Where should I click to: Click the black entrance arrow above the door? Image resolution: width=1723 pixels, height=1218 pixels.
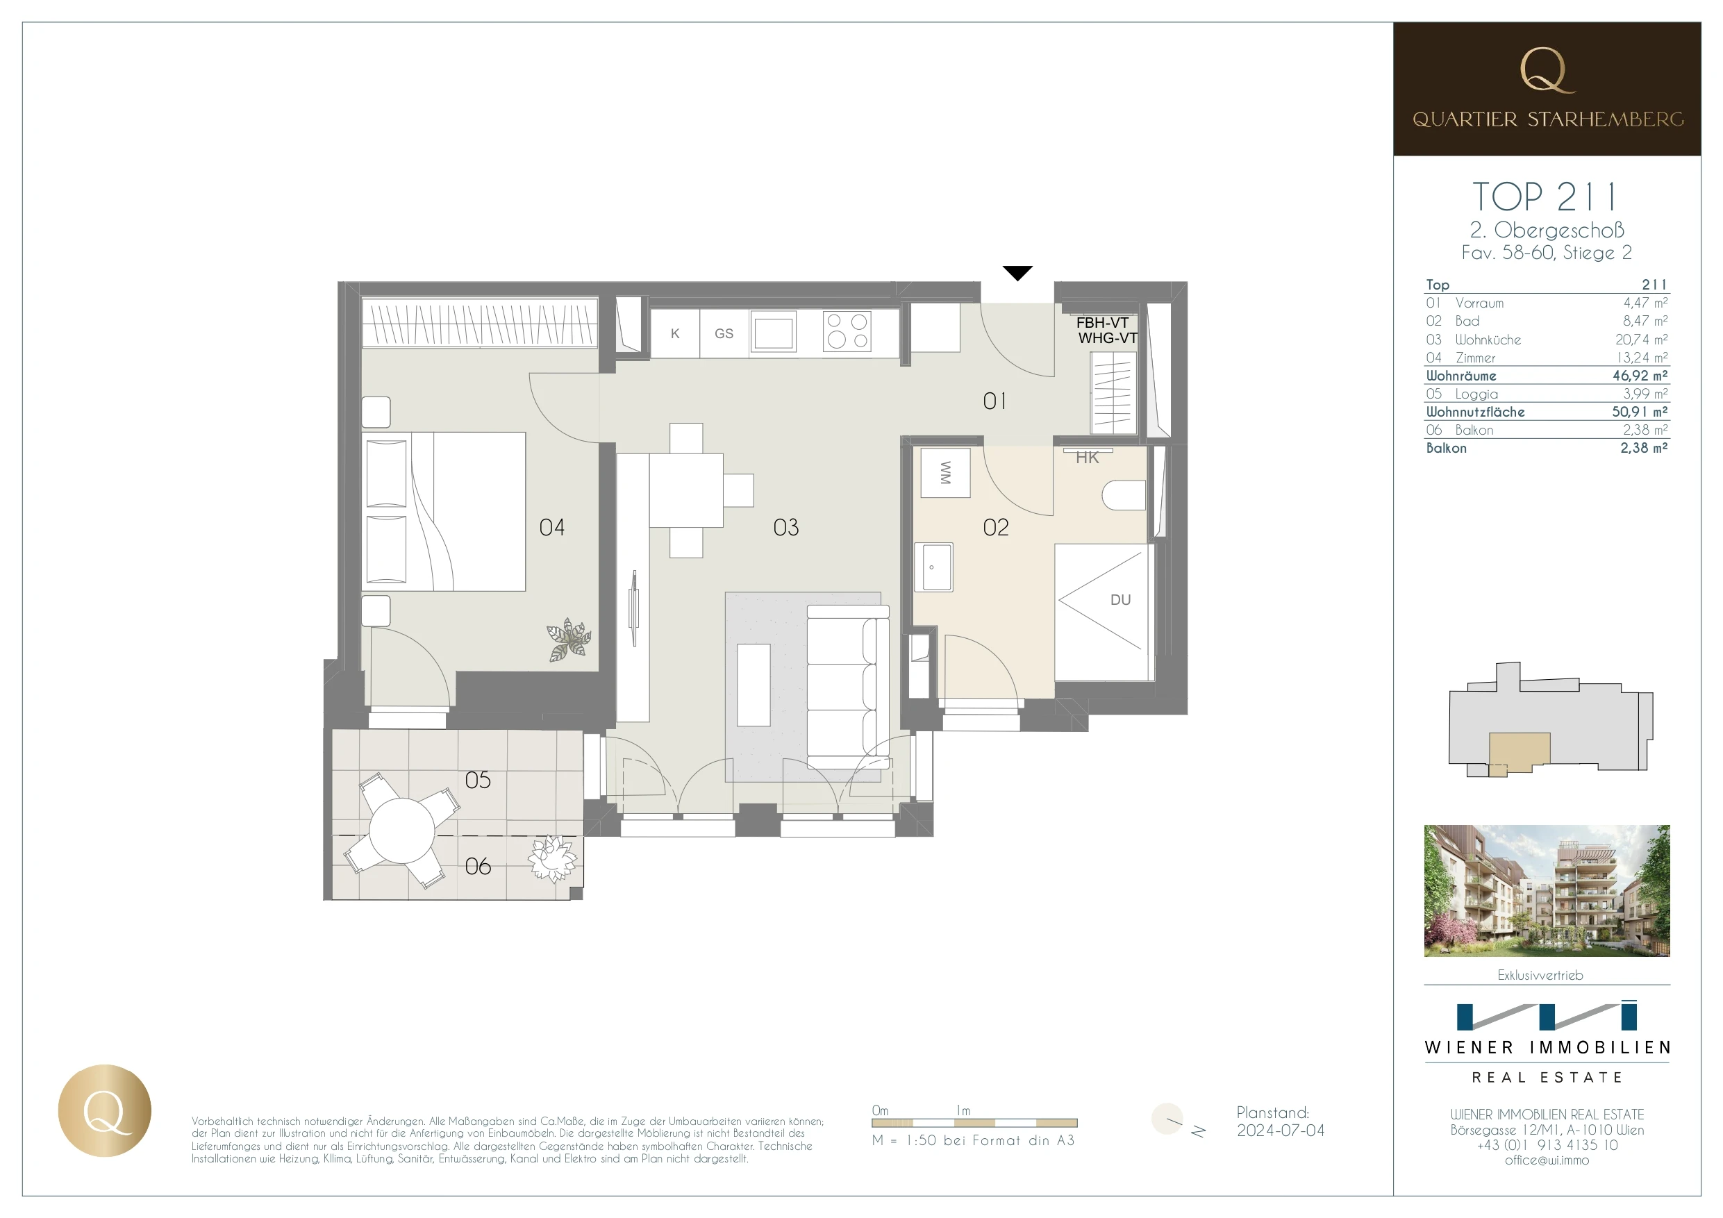[x=1017, y=273]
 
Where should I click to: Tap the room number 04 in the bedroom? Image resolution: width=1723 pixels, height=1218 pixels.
[x=551, y=528]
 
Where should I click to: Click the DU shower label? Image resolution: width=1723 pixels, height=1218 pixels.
[x=1119, y=599]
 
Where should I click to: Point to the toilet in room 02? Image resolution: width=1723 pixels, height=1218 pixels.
[x=1124, y=495]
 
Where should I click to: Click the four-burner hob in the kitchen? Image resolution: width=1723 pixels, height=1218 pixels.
[x=847, y=331]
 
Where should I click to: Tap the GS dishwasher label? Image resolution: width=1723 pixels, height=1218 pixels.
[x=724, y=334]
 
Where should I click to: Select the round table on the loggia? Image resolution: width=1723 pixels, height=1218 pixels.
[x=401, y=830]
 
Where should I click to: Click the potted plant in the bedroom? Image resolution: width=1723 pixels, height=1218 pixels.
[x=568, y=640]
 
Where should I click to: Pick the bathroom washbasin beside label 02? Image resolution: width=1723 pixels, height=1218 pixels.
[x=933, y=567]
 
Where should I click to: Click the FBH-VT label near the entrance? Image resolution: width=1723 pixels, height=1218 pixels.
[x=1101, y=323]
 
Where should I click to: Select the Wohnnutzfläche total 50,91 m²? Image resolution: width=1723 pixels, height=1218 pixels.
[x=1639, y=412]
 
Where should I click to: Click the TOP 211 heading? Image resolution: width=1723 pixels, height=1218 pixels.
[x=1545, y=197]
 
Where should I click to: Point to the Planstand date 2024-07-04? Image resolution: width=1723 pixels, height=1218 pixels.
[x=1280, y=1131]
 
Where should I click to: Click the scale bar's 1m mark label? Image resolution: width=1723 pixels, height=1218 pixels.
[x=963, y=1110]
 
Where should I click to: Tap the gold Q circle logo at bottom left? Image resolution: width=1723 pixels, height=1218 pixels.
[x=105, y=1110]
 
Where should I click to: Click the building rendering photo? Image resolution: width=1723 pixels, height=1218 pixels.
[x=1546, y=891]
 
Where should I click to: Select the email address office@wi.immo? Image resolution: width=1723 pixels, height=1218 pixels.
[x=1546, y=1160]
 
